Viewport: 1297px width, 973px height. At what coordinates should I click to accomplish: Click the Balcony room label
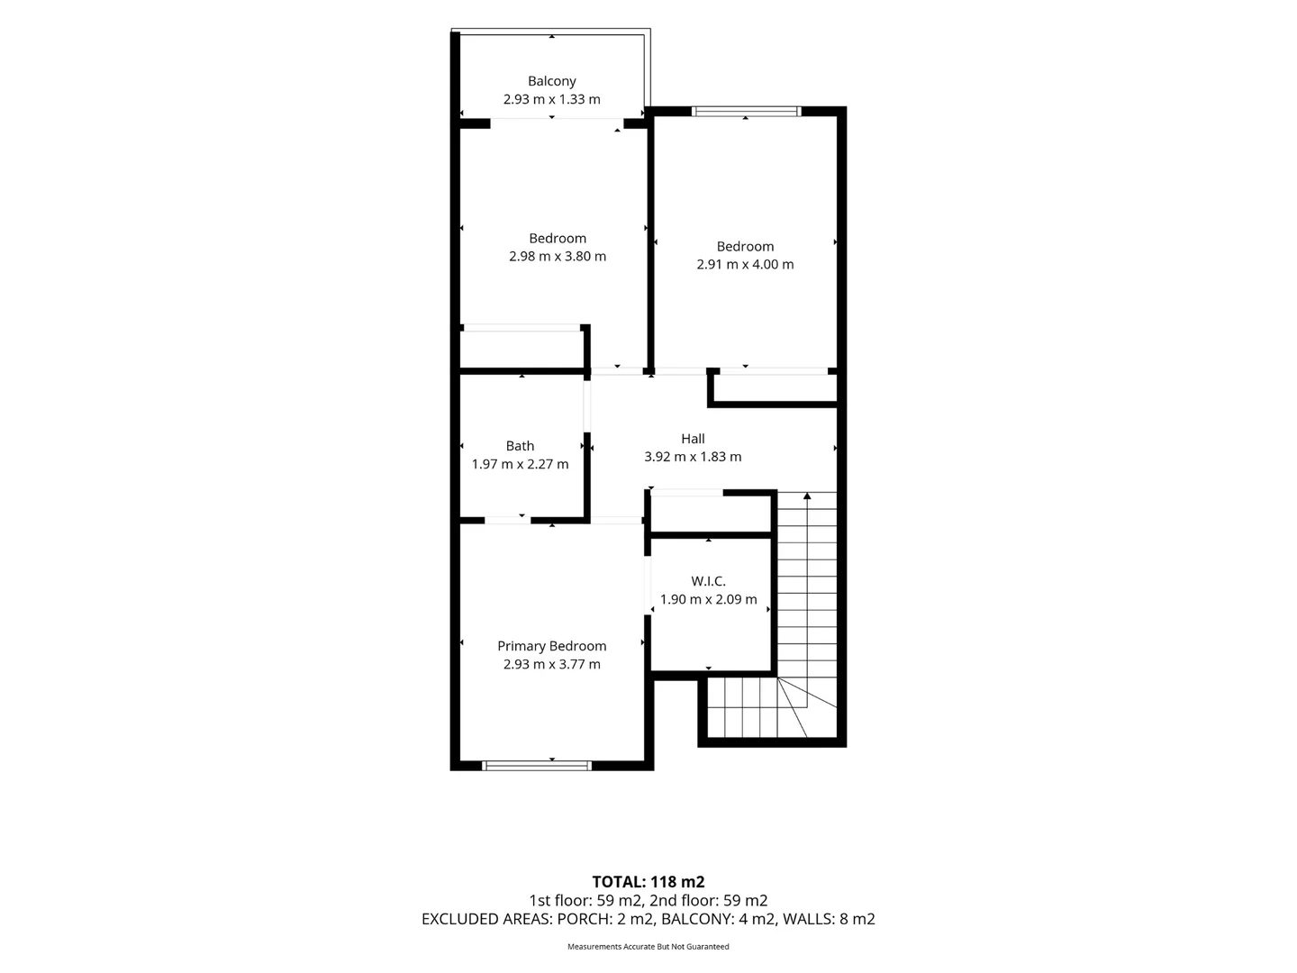(551, 81)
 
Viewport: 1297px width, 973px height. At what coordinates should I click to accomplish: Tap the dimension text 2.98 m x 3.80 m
(558, 257)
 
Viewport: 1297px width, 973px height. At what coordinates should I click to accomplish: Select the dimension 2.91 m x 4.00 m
(745, 265)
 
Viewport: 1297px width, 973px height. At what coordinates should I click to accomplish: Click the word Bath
(520, 446)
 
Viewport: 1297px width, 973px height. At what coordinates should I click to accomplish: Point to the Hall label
(693, 439)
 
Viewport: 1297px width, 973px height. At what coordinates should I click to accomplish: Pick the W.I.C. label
(708, 581)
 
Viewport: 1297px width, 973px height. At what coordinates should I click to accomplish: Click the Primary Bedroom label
(551, 646)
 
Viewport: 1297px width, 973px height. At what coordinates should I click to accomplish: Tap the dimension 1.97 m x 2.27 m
(520, 464)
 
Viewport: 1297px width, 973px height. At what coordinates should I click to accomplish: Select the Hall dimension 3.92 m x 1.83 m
(693, 457)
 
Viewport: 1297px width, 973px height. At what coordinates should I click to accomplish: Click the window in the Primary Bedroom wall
(537, 766)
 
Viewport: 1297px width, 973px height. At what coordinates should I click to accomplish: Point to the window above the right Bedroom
(746, 111)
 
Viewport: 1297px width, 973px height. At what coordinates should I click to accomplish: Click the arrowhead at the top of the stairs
(806, 496)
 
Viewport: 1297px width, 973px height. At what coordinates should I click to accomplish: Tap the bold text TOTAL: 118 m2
(648, 882)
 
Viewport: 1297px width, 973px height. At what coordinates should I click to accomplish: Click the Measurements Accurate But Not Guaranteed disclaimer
(648, 946)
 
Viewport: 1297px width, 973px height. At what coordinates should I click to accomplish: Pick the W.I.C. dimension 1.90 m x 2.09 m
(708, 600)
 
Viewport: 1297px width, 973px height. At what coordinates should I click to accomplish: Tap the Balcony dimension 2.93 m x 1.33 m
(551, 99)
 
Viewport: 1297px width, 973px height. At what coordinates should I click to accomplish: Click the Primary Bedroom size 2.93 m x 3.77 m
(551, 665)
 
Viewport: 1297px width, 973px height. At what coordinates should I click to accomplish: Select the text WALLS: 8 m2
(829, 919)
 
